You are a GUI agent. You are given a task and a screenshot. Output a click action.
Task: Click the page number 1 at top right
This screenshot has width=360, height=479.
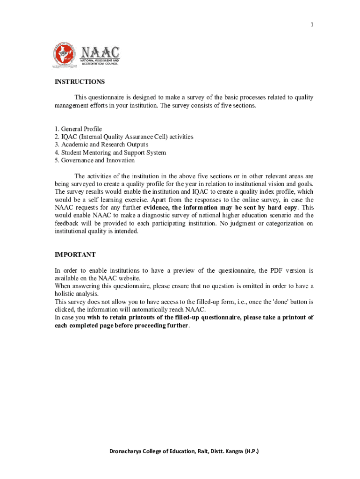tap(311, 25)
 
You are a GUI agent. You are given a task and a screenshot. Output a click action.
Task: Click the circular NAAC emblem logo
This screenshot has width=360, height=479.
tap(64, 54)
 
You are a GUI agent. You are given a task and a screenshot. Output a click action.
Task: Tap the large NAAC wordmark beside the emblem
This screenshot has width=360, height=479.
tap(100, 52)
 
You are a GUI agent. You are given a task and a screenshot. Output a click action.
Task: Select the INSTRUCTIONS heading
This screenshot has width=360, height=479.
tap(79, 82)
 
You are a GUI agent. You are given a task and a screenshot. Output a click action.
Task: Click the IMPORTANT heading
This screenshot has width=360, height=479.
tap(75, 255)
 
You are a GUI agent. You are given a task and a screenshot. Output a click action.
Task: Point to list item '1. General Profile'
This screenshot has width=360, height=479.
tap(78, 129)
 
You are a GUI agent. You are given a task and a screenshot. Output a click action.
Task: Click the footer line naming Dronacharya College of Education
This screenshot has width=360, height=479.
tap(184, 451)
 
